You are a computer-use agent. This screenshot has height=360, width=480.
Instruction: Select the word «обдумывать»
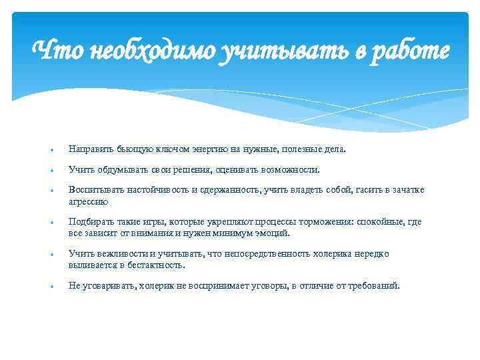click(117, 170)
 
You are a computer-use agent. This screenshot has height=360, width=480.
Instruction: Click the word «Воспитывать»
click(93, 191)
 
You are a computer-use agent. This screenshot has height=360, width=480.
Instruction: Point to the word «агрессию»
click(88, 201)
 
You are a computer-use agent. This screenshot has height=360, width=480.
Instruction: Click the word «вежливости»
click(117, 254)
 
